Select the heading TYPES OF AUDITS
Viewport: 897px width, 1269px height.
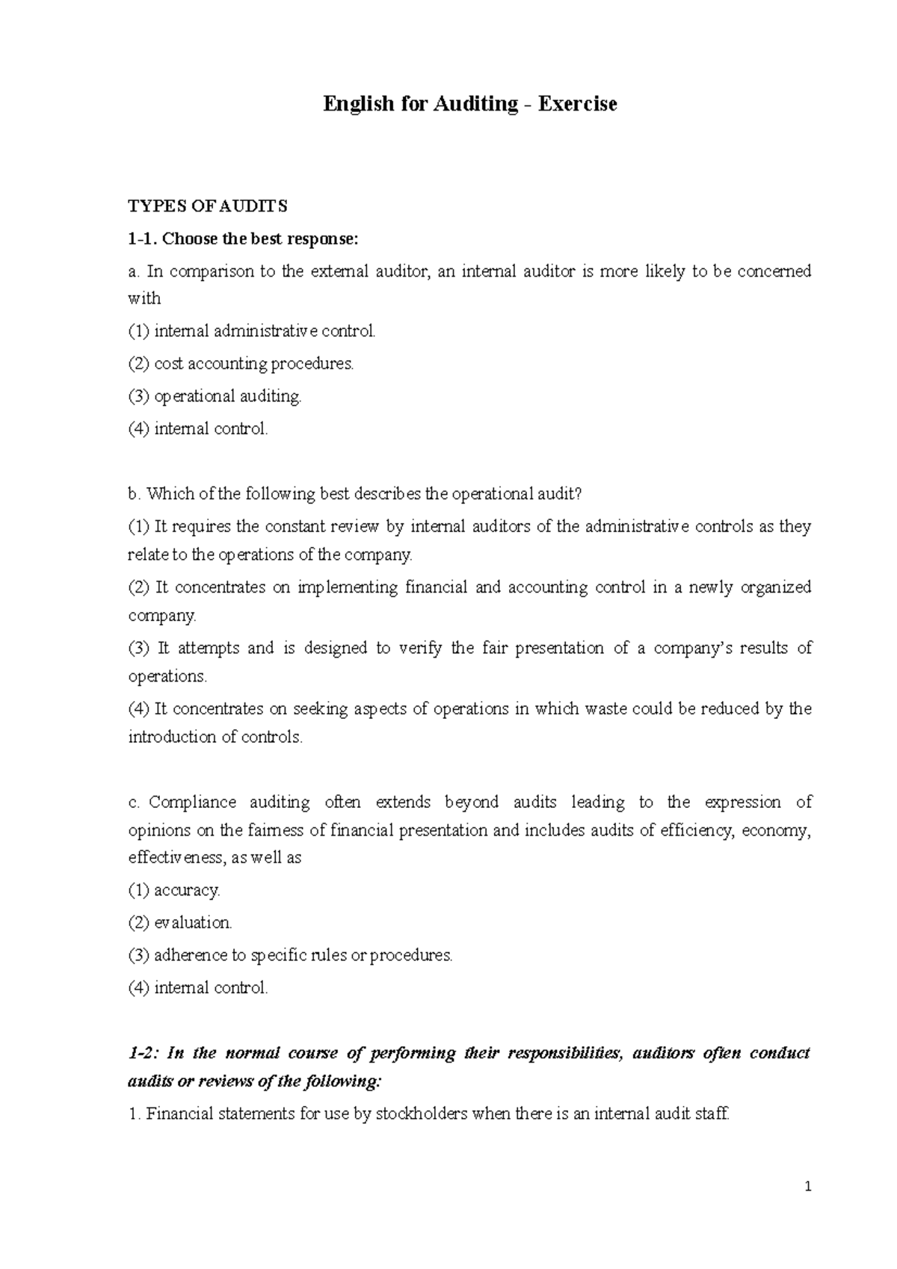[208, 206]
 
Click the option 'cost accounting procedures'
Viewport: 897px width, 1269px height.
[253, 364]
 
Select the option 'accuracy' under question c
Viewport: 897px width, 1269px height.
[187, 890]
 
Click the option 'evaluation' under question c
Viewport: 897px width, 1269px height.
[193, 923]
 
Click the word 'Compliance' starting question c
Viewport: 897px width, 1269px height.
[192, 803]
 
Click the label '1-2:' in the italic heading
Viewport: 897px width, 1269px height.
[142, 1054]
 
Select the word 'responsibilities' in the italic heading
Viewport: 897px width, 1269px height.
[564, 1054]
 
